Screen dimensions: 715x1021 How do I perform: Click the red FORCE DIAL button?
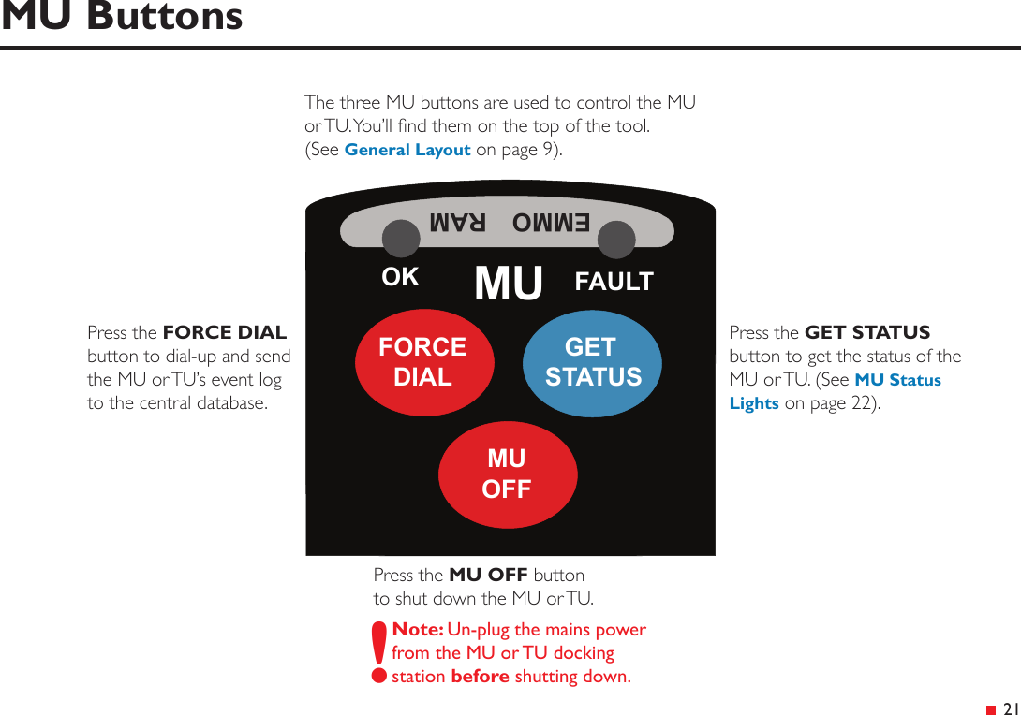[423, 362]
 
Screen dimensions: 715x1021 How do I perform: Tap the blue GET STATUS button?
[592, 362]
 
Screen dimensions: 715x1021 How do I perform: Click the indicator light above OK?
[401, 240]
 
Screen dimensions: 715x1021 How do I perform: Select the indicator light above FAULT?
[616, 241]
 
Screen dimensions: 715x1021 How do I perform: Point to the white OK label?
[400, 278]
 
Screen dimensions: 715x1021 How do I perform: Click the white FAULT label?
[614, 282]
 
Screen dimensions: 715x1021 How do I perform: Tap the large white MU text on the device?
[509, 284]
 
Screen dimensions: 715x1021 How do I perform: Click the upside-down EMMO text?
[551, 224]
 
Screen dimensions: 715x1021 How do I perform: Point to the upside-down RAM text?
[458, 224]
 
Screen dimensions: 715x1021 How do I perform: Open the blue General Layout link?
[407, 150]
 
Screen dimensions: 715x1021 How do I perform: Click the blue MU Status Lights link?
[897, 380]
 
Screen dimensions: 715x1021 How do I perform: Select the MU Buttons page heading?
[122, 17]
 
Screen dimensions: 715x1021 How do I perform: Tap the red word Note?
[418, 630]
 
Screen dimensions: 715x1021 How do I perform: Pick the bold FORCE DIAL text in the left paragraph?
[225, 333]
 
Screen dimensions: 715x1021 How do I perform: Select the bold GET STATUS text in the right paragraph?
[867, 333]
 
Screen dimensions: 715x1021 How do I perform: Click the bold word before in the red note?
[480, 677]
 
